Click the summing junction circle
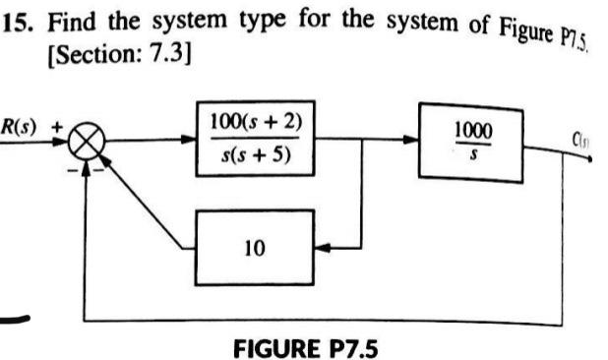click(x=87, y=148)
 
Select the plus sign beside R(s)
click(x=57, y=127)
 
